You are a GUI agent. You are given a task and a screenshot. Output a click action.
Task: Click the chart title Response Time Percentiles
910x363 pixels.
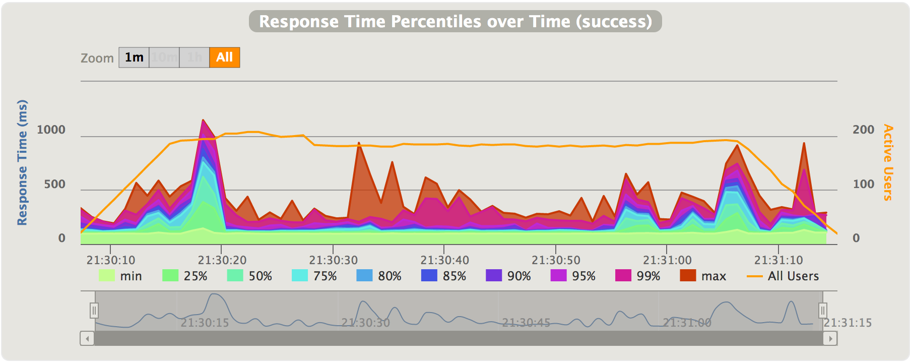tap(455, 22)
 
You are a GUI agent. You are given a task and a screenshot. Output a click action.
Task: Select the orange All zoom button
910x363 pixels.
tap(224, 57)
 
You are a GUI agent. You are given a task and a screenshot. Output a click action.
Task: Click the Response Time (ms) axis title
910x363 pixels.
tap(22, 162)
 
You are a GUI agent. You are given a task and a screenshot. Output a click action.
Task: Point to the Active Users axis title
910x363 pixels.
tap(888, 162)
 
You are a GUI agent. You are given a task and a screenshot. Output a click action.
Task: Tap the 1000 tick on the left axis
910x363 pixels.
tap(51, 130)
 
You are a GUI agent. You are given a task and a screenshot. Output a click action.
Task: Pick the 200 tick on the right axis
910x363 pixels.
tap(863, 130)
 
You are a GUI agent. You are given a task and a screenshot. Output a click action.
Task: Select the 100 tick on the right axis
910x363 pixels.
tap(863, 185)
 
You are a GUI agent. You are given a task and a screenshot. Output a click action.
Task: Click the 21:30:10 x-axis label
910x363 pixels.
tap(111, 260)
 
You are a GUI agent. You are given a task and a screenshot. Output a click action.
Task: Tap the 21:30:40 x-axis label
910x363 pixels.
tap(444, 260)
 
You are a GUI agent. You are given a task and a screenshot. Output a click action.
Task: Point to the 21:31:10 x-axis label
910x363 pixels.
tap(778, 260)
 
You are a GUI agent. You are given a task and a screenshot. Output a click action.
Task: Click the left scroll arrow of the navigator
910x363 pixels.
tap(87, 338)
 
